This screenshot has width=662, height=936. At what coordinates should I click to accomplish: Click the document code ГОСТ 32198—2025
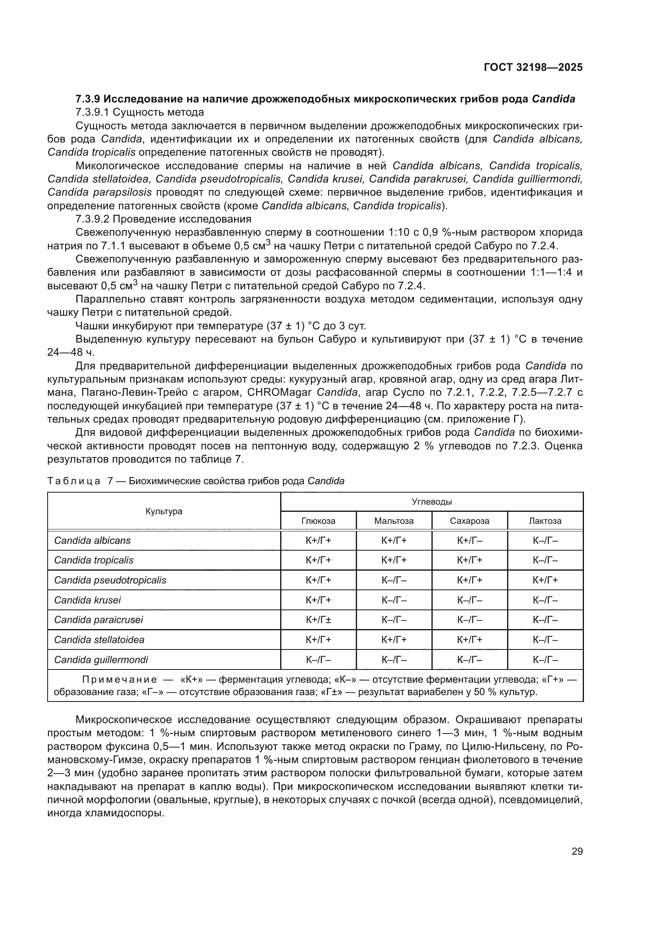tap(533, 67)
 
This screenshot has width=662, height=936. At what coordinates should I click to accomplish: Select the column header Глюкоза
tap(318, 521)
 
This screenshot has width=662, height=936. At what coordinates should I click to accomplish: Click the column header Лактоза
tap(545, 521)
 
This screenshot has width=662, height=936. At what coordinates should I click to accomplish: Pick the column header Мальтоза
tap(394, 521)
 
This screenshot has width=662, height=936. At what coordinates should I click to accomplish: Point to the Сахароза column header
tap(469, 521)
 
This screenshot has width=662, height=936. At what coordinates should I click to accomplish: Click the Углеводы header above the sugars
tap(432, 501)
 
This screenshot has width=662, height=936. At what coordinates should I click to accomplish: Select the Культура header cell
tap(164, 511)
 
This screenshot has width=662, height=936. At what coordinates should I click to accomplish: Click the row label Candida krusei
tap(87, 600)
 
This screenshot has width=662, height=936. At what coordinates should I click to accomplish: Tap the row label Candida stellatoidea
tap(99, 639)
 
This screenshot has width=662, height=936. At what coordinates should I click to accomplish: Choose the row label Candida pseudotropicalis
tap(110, 580)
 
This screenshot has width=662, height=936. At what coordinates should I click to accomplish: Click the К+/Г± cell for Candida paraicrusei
tap(318, 619)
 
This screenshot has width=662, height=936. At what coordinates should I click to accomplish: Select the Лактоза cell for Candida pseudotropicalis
tap(545, 580)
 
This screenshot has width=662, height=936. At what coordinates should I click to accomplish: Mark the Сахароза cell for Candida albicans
tap(469, 541)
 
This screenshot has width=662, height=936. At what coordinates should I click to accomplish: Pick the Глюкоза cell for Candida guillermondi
tap(318, 659)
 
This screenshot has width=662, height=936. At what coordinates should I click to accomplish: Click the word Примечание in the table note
tap(119, 679)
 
